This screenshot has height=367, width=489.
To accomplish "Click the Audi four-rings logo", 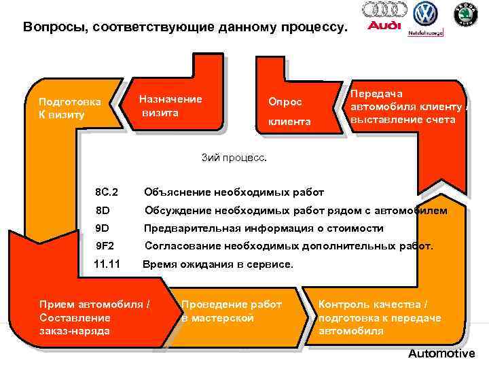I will [x=384, y=10].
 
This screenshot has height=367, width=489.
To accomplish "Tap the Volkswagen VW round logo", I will [x=426, y=14].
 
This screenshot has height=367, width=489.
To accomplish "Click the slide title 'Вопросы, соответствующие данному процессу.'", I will [x=184, y=28].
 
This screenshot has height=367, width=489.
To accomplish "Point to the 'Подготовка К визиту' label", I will [x=70, y=108].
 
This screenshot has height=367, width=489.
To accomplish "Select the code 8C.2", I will [x=107, y=192].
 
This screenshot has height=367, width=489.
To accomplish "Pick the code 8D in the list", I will [x=103, y=210].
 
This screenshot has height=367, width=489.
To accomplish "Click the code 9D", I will [x=103, y=228].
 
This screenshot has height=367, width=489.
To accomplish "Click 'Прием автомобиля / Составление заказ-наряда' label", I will [x=95, y=317].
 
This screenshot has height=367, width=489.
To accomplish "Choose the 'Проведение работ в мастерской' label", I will [x=231, y=311].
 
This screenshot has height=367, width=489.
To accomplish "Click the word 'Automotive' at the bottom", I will [x=441, y=354].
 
